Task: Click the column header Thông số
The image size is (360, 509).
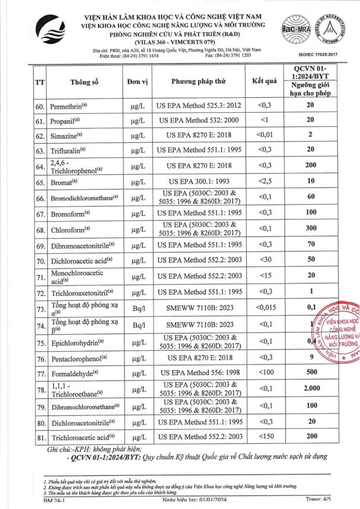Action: click(x=82, y=83)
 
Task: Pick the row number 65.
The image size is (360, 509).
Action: click(x=40, y=181)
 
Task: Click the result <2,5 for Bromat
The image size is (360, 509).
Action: click(x=264, y=181)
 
